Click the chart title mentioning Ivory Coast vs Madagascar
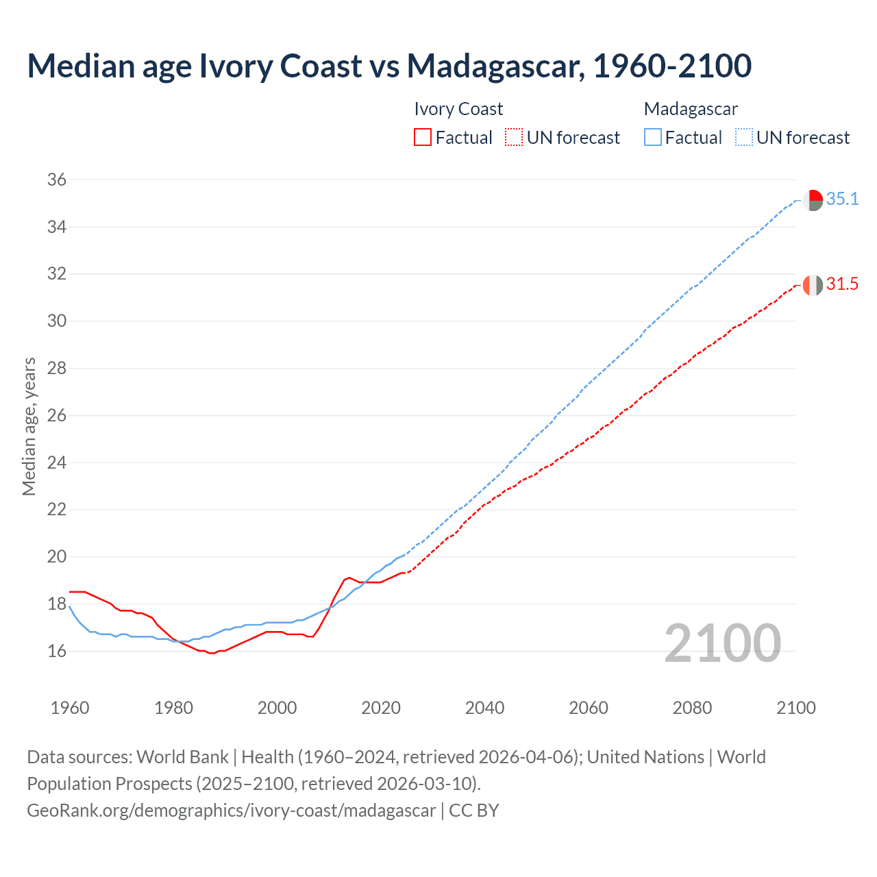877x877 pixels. [389, 66]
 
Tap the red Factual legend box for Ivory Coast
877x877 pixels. [423, 138]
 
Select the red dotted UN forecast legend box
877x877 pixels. [514, 138]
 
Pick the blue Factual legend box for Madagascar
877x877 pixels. [653, 138]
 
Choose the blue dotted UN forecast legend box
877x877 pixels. [744, 138]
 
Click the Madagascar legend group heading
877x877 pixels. [691, 109]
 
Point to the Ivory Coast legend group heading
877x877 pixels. [458, 109]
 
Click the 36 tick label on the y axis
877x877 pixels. [57, 180]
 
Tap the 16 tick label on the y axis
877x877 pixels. [57, 651]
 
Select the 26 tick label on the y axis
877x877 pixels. [57, 416]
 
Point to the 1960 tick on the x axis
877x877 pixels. [70, 707]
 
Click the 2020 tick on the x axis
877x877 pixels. [381, 707]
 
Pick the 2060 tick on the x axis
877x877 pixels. [589, 707]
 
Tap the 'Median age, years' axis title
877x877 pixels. [29, 426]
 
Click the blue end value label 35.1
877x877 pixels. [842, 199]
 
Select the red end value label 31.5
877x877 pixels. [842, 284]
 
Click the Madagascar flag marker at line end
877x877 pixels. [813, 200]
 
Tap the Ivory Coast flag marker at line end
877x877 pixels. [813, 285]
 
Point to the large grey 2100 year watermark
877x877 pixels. [723, 643]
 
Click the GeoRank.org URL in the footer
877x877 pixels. [231, 811]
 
